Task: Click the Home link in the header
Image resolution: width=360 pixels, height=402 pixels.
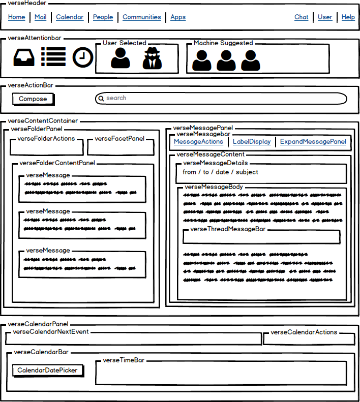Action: click(x=16, y=17)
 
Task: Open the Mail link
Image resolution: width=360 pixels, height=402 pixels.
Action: click(x=40, y=17)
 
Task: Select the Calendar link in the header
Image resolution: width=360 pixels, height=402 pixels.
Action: click(x=70, y=17)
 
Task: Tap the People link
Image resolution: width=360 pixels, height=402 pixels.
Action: click(x=103, y=17)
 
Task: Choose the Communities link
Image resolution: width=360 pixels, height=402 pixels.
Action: click(x=142, y=17)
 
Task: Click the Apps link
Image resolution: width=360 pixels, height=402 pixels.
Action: click(x=178, y=17)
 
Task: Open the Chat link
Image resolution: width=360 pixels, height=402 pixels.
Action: click(x=302, y=17)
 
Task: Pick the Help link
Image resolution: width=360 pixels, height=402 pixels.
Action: click(x=348, y=17)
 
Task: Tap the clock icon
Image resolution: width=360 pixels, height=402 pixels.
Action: click(x=83, y=57)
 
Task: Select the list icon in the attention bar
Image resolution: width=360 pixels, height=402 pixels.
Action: click(x=53, y=57)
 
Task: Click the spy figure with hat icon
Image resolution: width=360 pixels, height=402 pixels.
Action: click(x=152, y=58)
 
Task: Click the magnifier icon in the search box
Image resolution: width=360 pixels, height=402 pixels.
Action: click(x=101, y=99)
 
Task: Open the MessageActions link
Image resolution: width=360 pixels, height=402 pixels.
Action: click(x=198, y=142)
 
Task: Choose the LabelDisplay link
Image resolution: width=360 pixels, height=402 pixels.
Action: click(x=252, y=142)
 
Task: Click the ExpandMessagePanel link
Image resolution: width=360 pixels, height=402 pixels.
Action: click(x=313, y=142)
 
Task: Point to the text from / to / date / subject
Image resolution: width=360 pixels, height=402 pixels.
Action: click(x=220, y=172)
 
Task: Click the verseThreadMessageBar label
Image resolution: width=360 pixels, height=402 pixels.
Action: click(x=228, y=229)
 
